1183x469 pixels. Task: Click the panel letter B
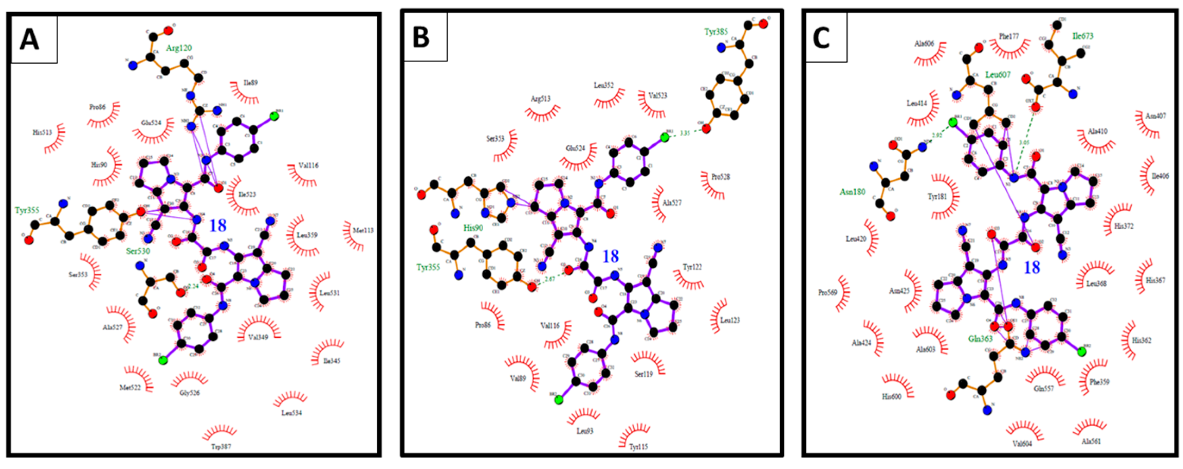(x=421, y=37)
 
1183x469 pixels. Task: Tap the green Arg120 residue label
(x=178, y=48)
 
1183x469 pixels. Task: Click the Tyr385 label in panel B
(x=716, y=32)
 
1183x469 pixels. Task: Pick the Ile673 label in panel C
(x=1083, y=36)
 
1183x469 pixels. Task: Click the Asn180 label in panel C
(x=852, y=192)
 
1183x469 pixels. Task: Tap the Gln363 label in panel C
(x=980, y=339)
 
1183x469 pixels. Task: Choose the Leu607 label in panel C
(x=998, y=74)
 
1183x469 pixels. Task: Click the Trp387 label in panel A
(x=221, y=446)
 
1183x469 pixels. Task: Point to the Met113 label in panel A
(x=363, y=230)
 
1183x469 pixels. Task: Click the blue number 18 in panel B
(x=610, y=256)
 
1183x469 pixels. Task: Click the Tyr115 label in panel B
(x=638, y=446)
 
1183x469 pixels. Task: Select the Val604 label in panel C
(x=1022, y=444)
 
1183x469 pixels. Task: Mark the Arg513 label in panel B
(x=541, y=99)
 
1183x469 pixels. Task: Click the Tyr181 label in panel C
(x=937, y=197)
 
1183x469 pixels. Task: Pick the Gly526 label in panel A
(x=190, y=393)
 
